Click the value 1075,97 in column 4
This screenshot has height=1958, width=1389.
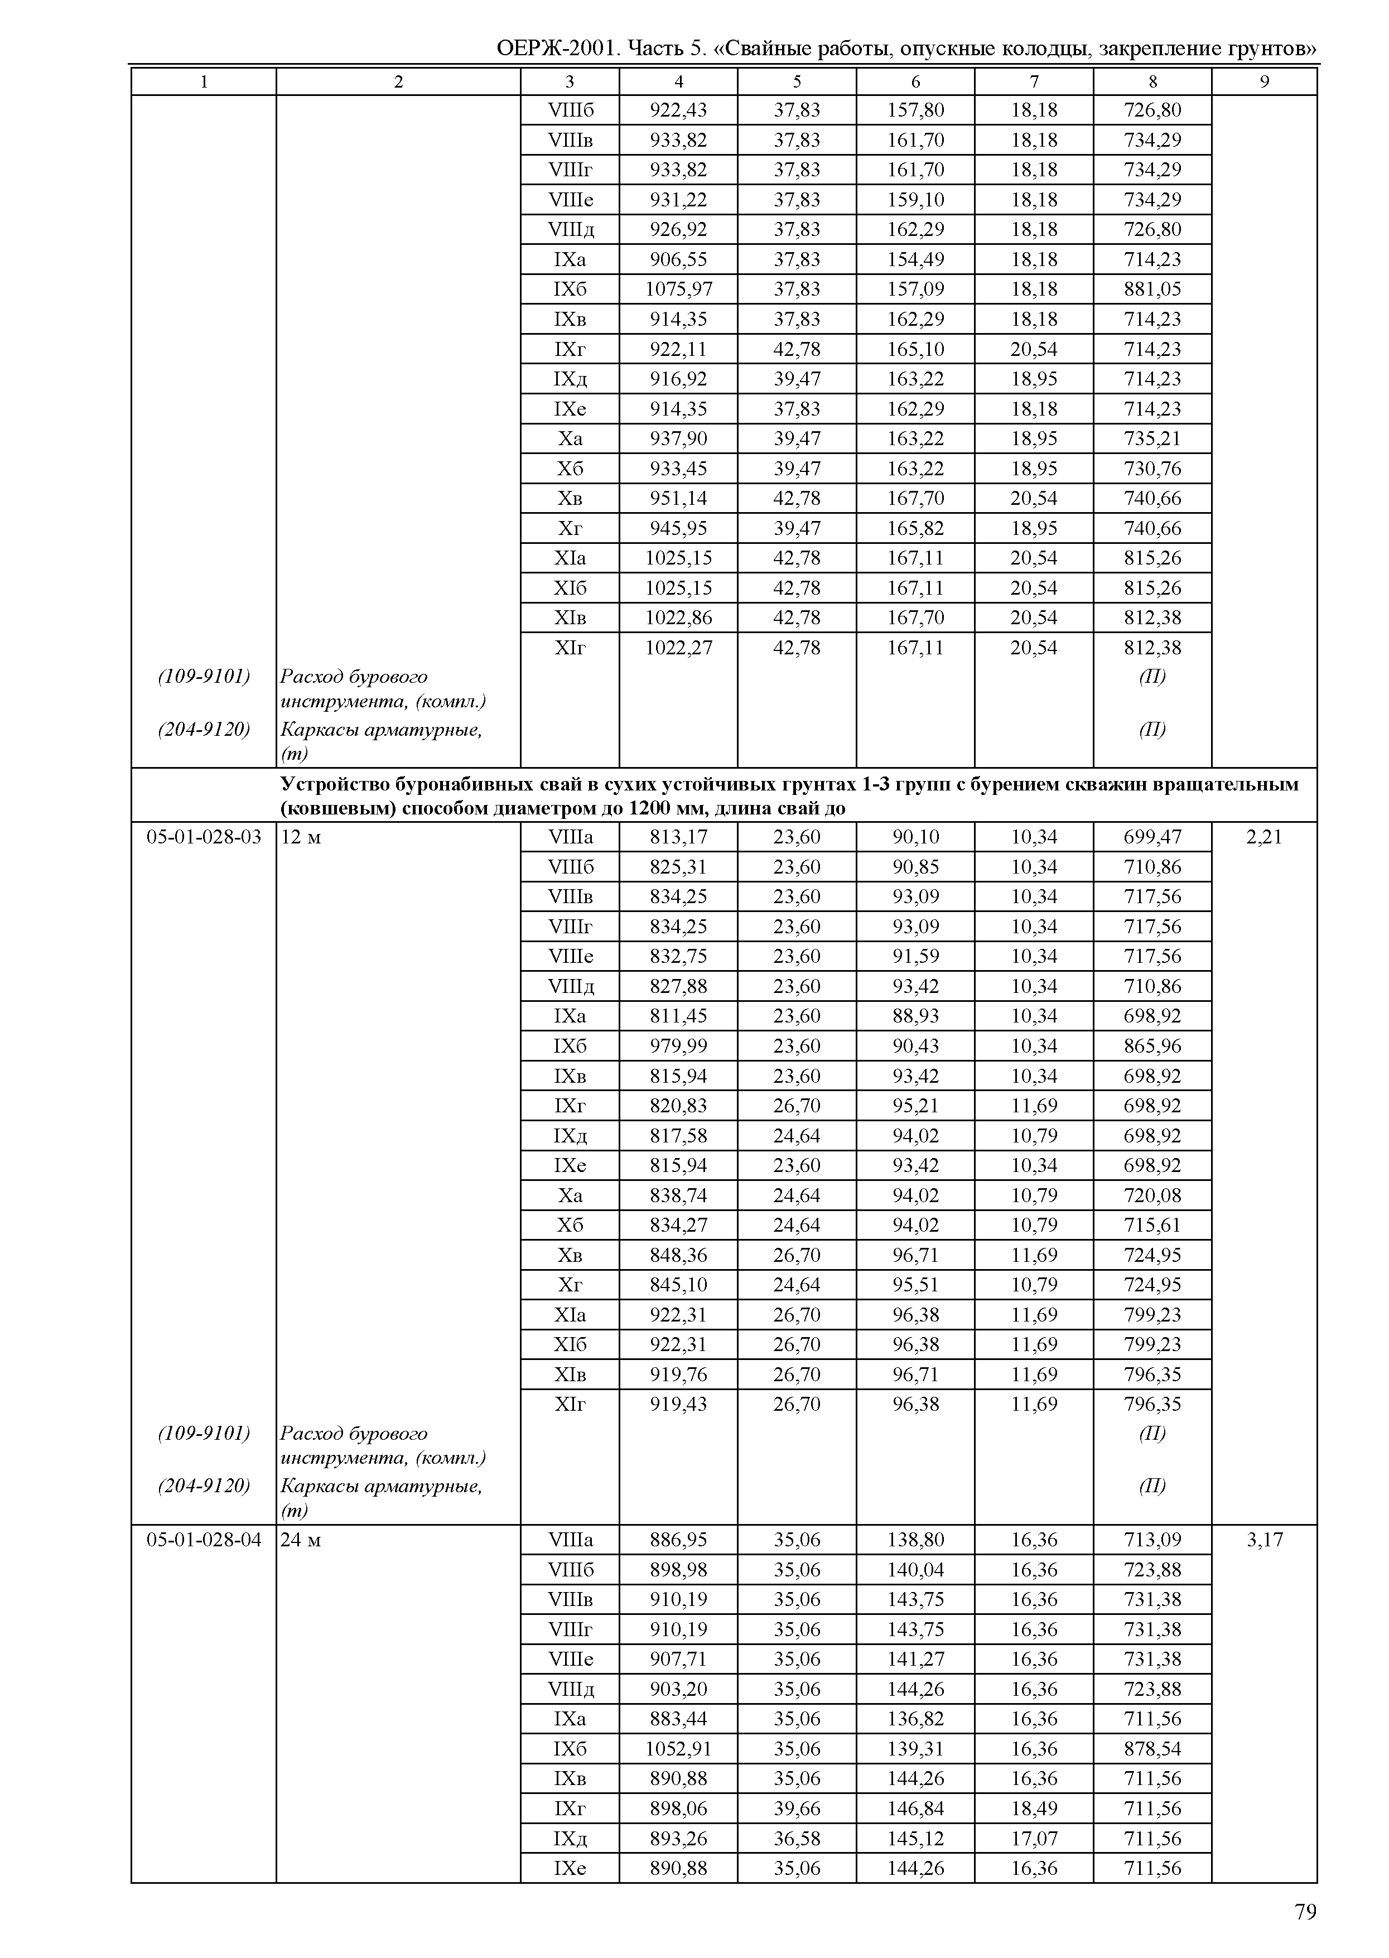678,289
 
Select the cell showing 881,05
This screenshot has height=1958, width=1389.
1152,289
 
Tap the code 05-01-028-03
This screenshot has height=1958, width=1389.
204,837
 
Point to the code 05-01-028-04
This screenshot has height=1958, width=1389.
204,1540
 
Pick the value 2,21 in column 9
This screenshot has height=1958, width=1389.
1264,837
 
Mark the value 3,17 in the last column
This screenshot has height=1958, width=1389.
1264,1540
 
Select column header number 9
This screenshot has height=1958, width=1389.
1264,81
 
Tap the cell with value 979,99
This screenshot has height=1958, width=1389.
678,1045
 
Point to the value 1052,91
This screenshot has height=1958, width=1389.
678,1748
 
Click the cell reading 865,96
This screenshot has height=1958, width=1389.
1152,1045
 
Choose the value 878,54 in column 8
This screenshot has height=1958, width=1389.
1152,1748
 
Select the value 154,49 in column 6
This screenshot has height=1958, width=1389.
915,259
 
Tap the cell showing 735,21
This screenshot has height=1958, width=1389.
1152,439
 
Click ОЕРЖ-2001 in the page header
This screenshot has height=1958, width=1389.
556,48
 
